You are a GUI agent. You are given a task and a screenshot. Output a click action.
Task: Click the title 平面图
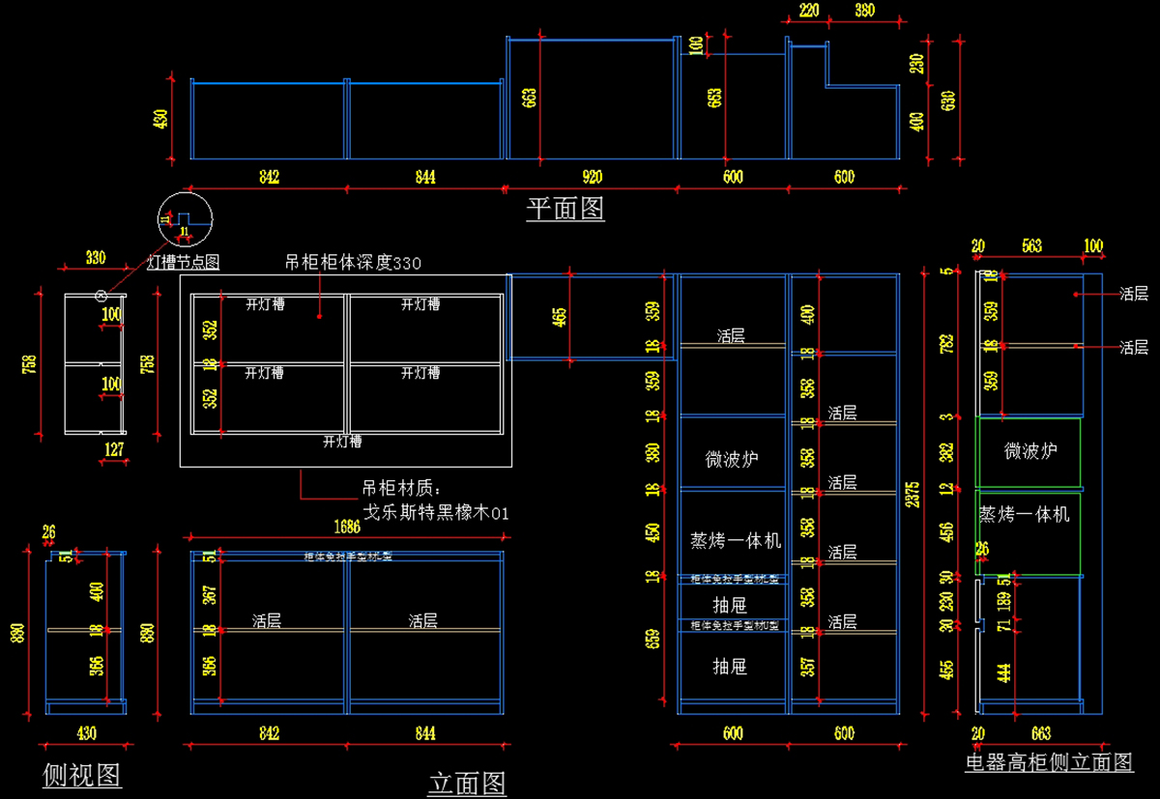tap(565, 209)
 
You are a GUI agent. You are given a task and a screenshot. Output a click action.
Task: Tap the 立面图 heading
tap(467, 783)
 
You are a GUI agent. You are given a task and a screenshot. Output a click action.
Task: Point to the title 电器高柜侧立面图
tap(1049, 762)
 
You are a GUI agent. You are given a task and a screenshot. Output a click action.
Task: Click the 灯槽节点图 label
tap(184, 261)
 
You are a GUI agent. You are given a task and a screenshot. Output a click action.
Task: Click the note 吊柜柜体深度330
tap(353, 262)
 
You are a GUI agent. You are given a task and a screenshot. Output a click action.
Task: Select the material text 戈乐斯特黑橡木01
tap(435, 512)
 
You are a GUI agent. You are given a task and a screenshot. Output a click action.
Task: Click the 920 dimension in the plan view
tap(592, 177)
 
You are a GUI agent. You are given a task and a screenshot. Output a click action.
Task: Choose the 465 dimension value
tap(560, 317)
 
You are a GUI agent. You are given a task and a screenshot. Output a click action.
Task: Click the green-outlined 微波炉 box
tap(1029, 451)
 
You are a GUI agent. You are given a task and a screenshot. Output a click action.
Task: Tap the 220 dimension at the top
tap(809, 12)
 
